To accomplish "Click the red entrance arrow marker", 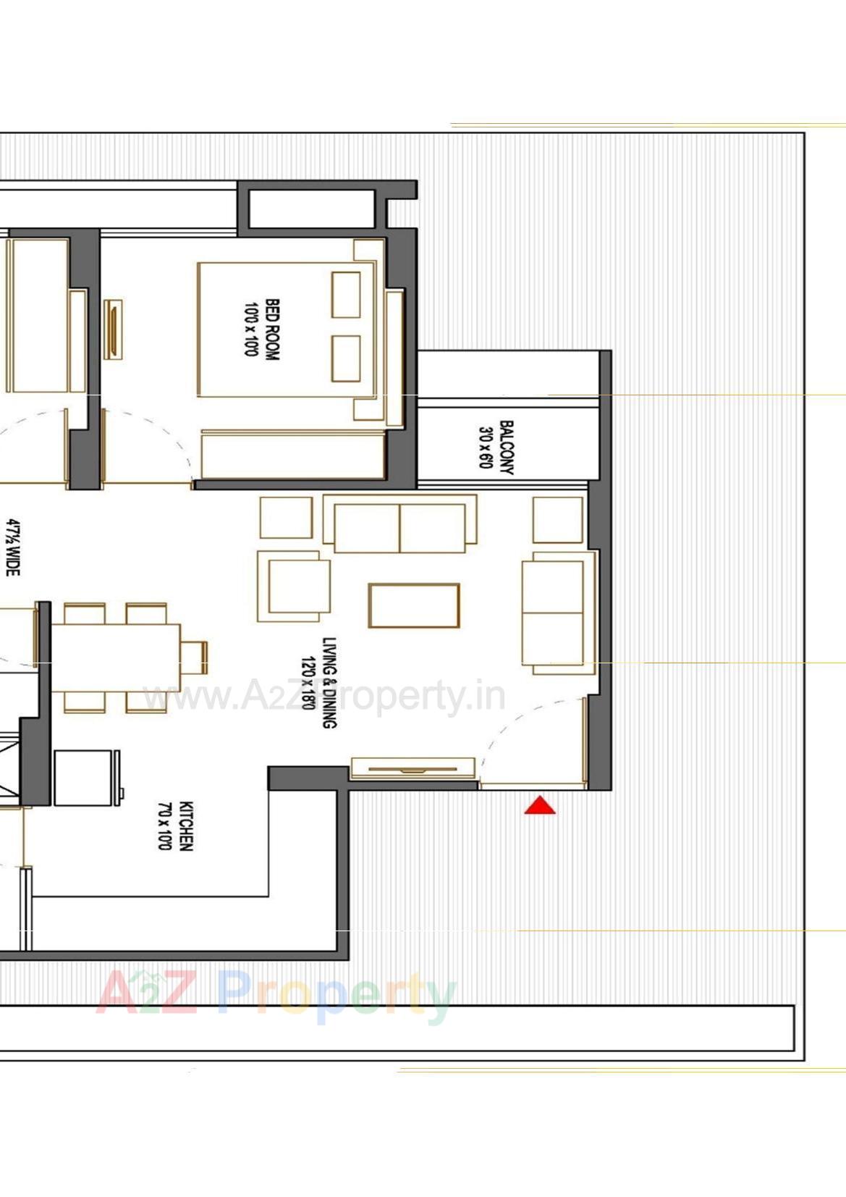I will point(540,805).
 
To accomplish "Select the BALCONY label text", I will point(507,448).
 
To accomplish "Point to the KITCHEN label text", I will point(186,826).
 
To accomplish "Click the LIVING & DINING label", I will point(329,682).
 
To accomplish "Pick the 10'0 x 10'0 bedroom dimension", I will point(251,329).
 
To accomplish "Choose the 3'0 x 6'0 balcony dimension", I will point(486,448).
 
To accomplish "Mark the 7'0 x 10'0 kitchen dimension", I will point(165,826).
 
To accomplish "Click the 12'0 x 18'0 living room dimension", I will point(308,682).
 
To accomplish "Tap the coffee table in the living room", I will point(414,605).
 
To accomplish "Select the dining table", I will point(116,658).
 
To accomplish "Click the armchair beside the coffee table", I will point(294,586).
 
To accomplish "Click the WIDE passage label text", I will point(13,547).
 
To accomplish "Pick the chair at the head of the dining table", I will point(195,658).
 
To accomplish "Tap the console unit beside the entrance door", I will point(413,768).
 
